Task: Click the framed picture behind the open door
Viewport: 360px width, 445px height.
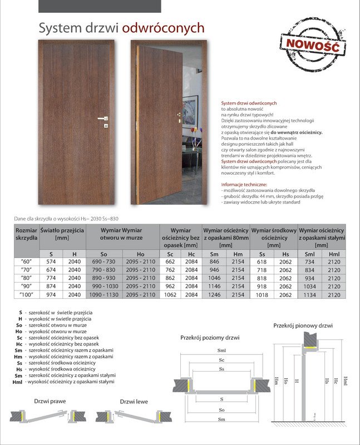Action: pyautogui.click(x=190, y=112)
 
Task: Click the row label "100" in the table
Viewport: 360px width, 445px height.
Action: pyautogui.click(x=26, y=295)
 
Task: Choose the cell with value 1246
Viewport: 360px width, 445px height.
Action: pyautogui.click(x=214, y=295)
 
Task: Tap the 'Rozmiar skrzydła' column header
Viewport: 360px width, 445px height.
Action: pyautogui.click(x=26, y=234)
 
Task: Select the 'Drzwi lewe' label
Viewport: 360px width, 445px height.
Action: pyautogui.click(x=134, y=401)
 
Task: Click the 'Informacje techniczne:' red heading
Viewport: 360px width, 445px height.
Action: pyautogui.click(x=244, y=184)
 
